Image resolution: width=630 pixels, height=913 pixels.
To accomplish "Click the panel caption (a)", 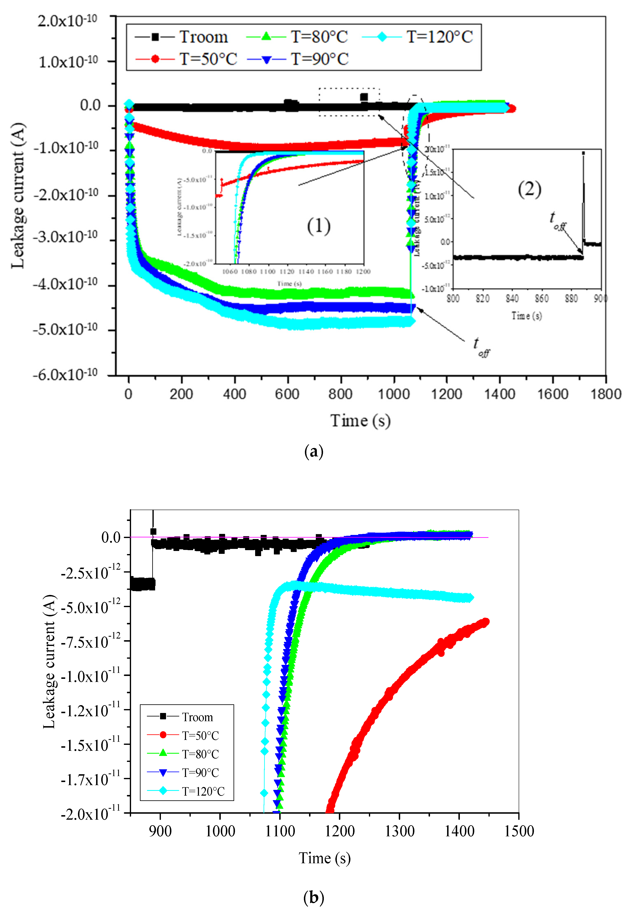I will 314,451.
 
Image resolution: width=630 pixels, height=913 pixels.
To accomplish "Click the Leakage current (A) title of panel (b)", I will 49,662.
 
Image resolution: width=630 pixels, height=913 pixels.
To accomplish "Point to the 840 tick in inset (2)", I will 512,299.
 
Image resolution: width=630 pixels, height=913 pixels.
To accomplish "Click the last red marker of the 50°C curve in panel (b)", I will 486,621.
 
